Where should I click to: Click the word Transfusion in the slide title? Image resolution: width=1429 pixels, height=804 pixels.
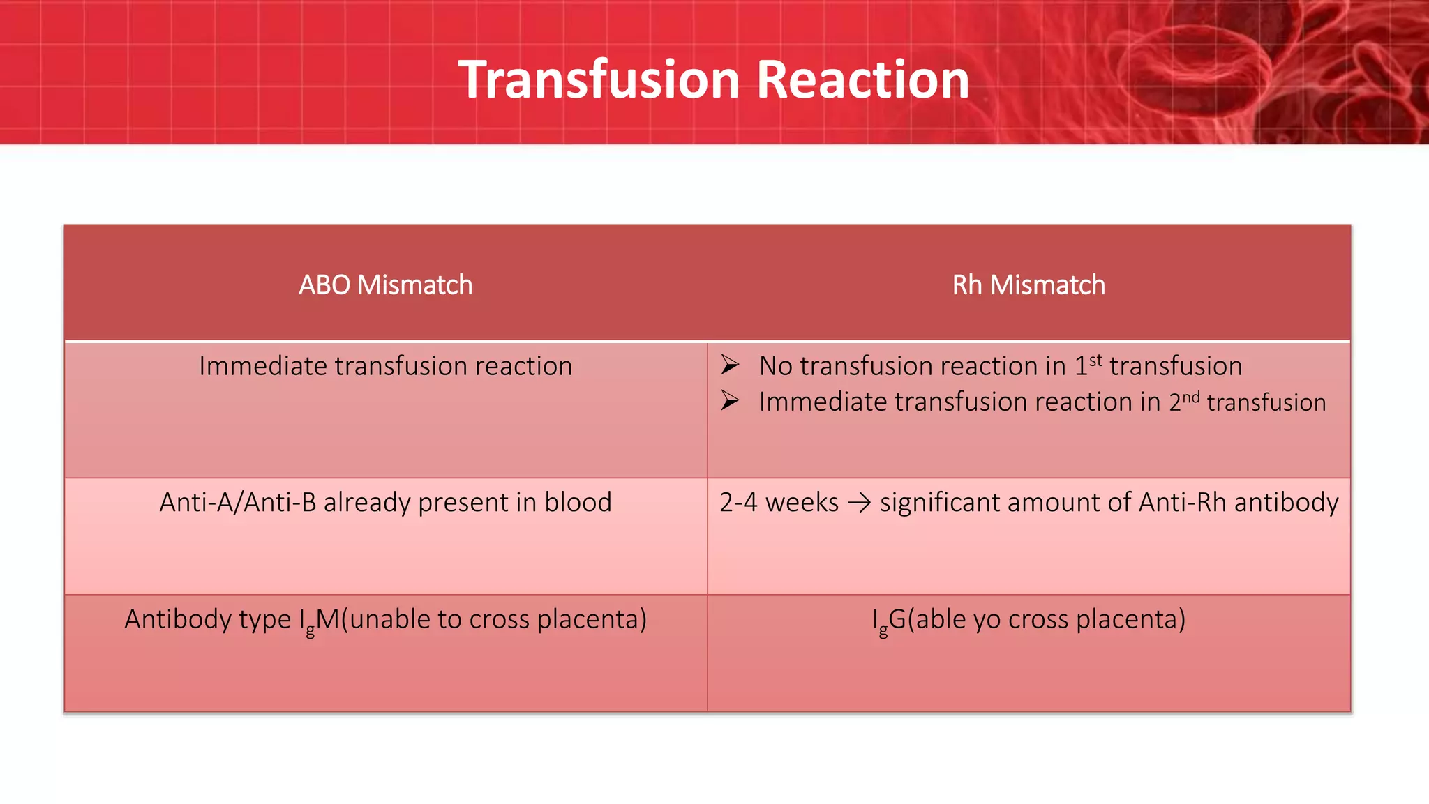[x=598, y=79]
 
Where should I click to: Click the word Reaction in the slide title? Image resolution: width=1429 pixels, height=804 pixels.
[x=862, y=79]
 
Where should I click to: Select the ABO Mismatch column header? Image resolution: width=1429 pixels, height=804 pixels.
[x=385, y=285]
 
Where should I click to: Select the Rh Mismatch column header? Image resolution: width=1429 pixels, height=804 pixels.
[x=1028, y=285]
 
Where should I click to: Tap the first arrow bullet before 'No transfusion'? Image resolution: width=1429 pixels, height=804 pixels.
[x=730, y=365]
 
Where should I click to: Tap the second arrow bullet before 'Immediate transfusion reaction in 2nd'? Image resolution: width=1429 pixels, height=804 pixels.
[x=730, y=400]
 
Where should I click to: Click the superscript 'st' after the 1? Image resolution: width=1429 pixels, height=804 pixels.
[x=1095, y=360]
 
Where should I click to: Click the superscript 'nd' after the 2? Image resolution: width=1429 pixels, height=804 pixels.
[x=1190, y=397]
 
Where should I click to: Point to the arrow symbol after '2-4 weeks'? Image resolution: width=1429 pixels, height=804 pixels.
[x=859, y=503]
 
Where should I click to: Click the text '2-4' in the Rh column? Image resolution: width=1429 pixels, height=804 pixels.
[x=738, y=502]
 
